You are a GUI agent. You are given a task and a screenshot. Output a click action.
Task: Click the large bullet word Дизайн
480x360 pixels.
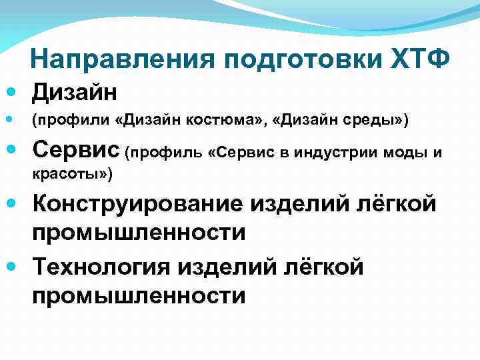(x=75, y=90)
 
